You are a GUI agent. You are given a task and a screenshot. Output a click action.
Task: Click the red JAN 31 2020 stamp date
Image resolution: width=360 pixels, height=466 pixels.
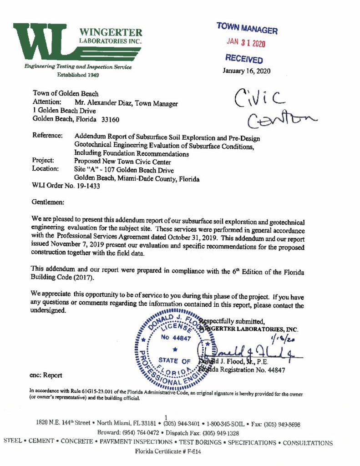[246, 44]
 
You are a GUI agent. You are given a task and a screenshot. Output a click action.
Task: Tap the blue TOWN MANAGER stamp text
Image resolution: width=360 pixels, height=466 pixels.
[247, 29]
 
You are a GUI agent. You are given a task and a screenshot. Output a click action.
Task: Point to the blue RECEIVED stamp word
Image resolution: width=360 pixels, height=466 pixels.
[244, 59]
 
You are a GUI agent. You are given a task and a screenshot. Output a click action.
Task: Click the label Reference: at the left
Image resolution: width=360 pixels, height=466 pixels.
[47, 136]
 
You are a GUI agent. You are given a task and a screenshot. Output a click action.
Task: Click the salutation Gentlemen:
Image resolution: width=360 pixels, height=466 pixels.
[49, 201]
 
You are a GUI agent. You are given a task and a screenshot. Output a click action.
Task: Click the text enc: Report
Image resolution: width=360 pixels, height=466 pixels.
[47, 375]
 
